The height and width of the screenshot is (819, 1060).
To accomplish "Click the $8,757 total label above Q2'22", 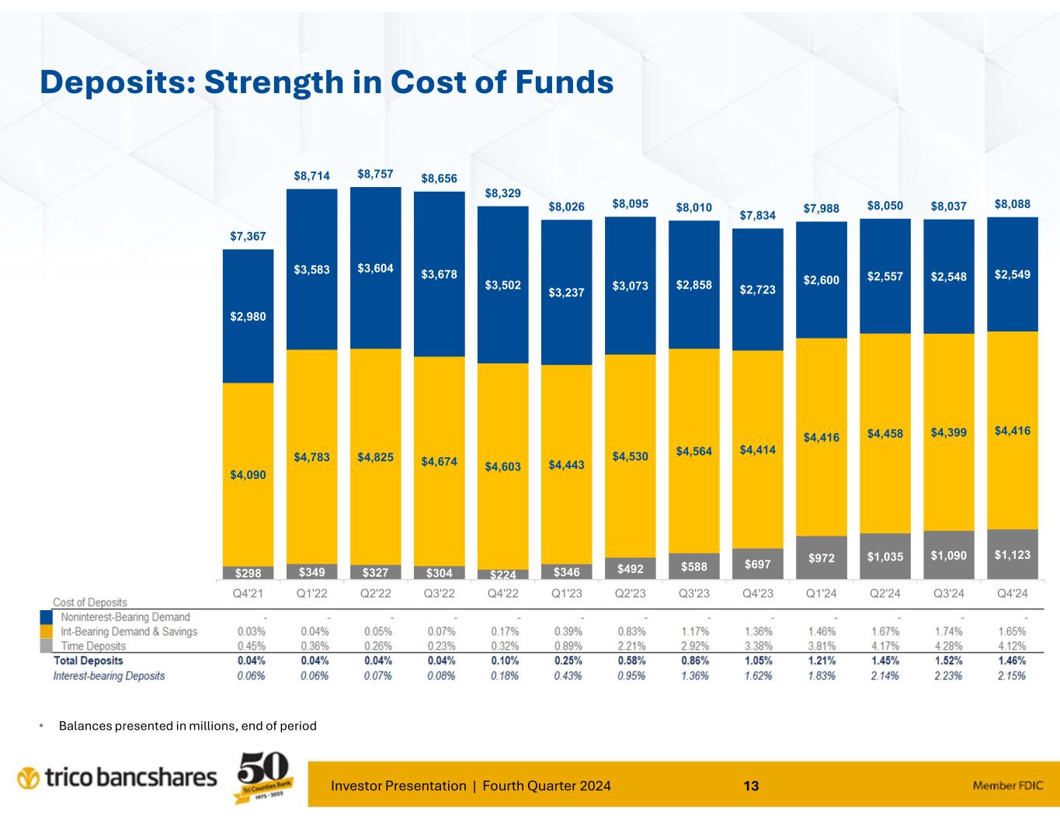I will point(375,175).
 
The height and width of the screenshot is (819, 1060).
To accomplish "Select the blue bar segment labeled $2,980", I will point(248,316).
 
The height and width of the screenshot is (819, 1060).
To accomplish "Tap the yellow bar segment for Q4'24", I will point(1012,429).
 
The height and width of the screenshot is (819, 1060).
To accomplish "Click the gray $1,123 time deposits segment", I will point(1012,554).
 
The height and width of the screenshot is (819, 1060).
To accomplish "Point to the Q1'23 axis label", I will point(566,594).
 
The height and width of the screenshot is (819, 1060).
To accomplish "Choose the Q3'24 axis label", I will point(948,594).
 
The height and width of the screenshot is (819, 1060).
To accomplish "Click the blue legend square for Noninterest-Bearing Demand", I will point(47,618).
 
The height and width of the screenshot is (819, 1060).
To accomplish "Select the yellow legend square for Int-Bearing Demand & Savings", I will point(47,632).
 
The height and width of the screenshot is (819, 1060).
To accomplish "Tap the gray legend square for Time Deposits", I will point(47,646).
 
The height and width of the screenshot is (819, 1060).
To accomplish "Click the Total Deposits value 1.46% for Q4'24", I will point(1012,661).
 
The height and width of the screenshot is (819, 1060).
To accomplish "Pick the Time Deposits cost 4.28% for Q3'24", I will point(948,646).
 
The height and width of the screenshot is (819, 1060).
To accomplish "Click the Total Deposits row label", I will point(88,661).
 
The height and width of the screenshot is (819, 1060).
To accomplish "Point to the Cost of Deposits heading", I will point(89,602).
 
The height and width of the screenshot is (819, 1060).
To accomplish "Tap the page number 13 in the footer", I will point(750,786).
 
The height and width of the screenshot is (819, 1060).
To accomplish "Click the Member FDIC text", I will point(1007,786).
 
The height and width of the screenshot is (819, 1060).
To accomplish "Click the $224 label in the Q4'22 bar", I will point(502,574).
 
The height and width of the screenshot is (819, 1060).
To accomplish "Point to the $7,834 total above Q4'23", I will point(757,215).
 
